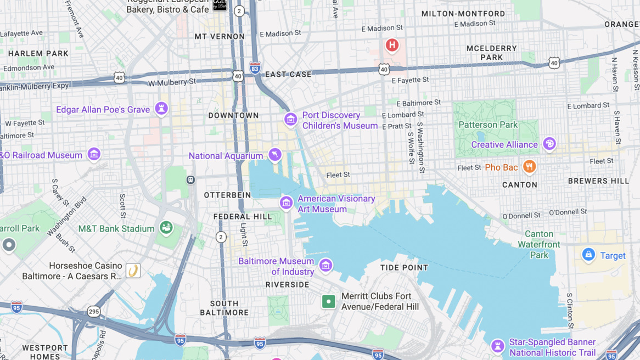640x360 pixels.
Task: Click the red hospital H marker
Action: pos(392,45)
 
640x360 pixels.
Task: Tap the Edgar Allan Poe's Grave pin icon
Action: pos(161,109)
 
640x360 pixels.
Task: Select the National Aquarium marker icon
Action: pos(275,155)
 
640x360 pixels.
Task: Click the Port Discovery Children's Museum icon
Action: pos(290,119)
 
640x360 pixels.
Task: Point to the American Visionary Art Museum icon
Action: pos(286,203)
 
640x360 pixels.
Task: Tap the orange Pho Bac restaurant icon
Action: pos(529,166)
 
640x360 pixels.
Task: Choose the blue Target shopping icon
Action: pos(588,255)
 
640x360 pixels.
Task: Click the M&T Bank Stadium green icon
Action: pos(166,227)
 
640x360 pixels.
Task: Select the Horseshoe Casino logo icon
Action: pos(133,271)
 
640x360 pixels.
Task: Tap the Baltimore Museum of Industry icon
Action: pos(325,266)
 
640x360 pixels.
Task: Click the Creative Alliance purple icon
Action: pos(549,144)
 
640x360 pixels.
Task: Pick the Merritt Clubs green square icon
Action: pos(328,301)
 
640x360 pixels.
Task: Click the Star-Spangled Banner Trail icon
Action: pos(497,346)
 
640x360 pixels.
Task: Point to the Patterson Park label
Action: pos(488,125)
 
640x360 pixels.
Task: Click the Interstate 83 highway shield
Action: pos(255,68)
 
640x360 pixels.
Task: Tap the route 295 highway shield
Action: pos(94,312)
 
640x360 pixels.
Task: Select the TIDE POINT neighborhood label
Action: pos(404,268)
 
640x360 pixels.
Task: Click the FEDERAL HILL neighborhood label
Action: pos(243,217)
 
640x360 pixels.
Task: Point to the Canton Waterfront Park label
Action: pos(539,244)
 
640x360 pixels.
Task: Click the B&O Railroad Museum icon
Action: pos(94,154)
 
